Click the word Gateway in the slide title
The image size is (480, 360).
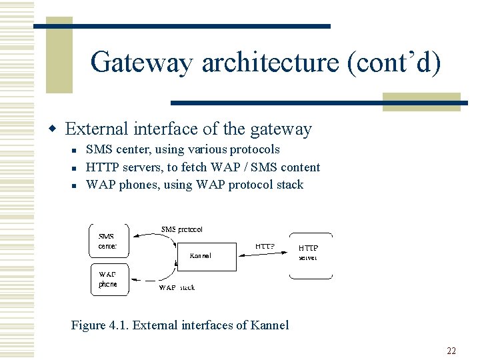point(141,63)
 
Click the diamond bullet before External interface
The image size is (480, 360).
point(57,129)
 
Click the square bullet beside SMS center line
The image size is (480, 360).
point(78,150)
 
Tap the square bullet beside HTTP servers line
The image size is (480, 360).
point(78,168)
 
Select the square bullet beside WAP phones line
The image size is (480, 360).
point(78,185)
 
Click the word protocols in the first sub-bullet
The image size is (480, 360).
point(255,149)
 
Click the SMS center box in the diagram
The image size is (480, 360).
point(109,240)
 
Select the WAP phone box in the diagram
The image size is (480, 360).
point(109,279)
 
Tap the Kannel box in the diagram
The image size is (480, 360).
point(206,257)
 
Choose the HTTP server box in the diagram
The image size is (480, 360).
point(310,255)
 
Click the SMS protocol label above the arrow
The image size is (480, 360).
point(182,229)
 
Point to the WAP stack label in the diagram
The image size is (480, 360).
point(177,288)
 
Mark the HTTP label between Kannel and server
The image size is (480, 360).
point(265,246)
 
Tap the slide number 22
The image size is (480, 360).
point(451,351)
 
